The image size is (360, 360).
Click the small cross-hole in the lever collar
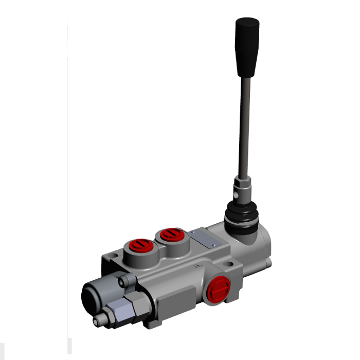[x=235, y=196]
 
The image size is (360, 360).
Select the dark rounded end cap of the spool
[x=93, y=296]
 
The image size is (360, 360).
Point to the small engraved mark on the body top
[x=197, y=266]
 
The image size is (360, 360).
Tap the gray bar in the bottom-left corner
[x=70, y=346]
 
